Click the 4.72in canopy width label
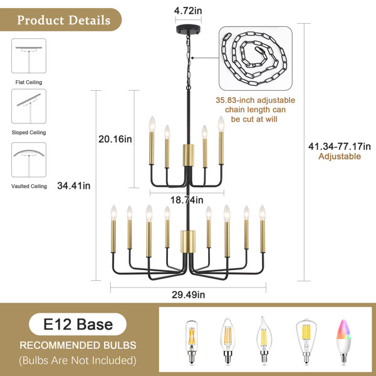(x=188, y=11)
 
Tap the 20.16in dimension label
(x=115, y=139)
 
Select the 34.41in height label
(x=73, y=185)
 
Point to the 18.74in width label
(x=187, y=200)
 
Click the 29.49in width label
(x=188, y=295)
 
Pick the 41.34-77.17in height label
(x=339, y=146)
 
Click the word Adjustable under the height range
(x=340, y=156)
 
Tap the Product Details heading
(x=63, y=20)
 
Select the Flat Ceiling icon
(x=29, y=56)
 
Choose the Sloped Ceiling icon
(x=29, y=107)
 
